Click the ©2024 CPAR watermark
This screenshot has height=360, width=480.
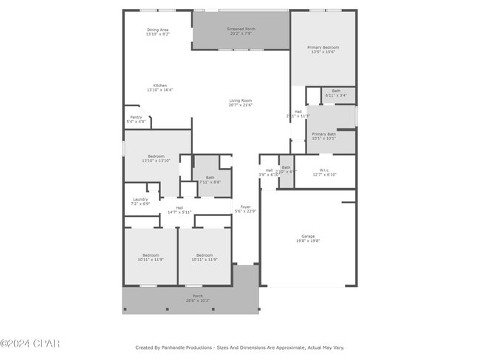click(x=30, y=344)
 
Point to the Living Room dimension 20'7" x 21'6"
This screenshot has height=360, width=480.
click(x=240, y=105)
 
